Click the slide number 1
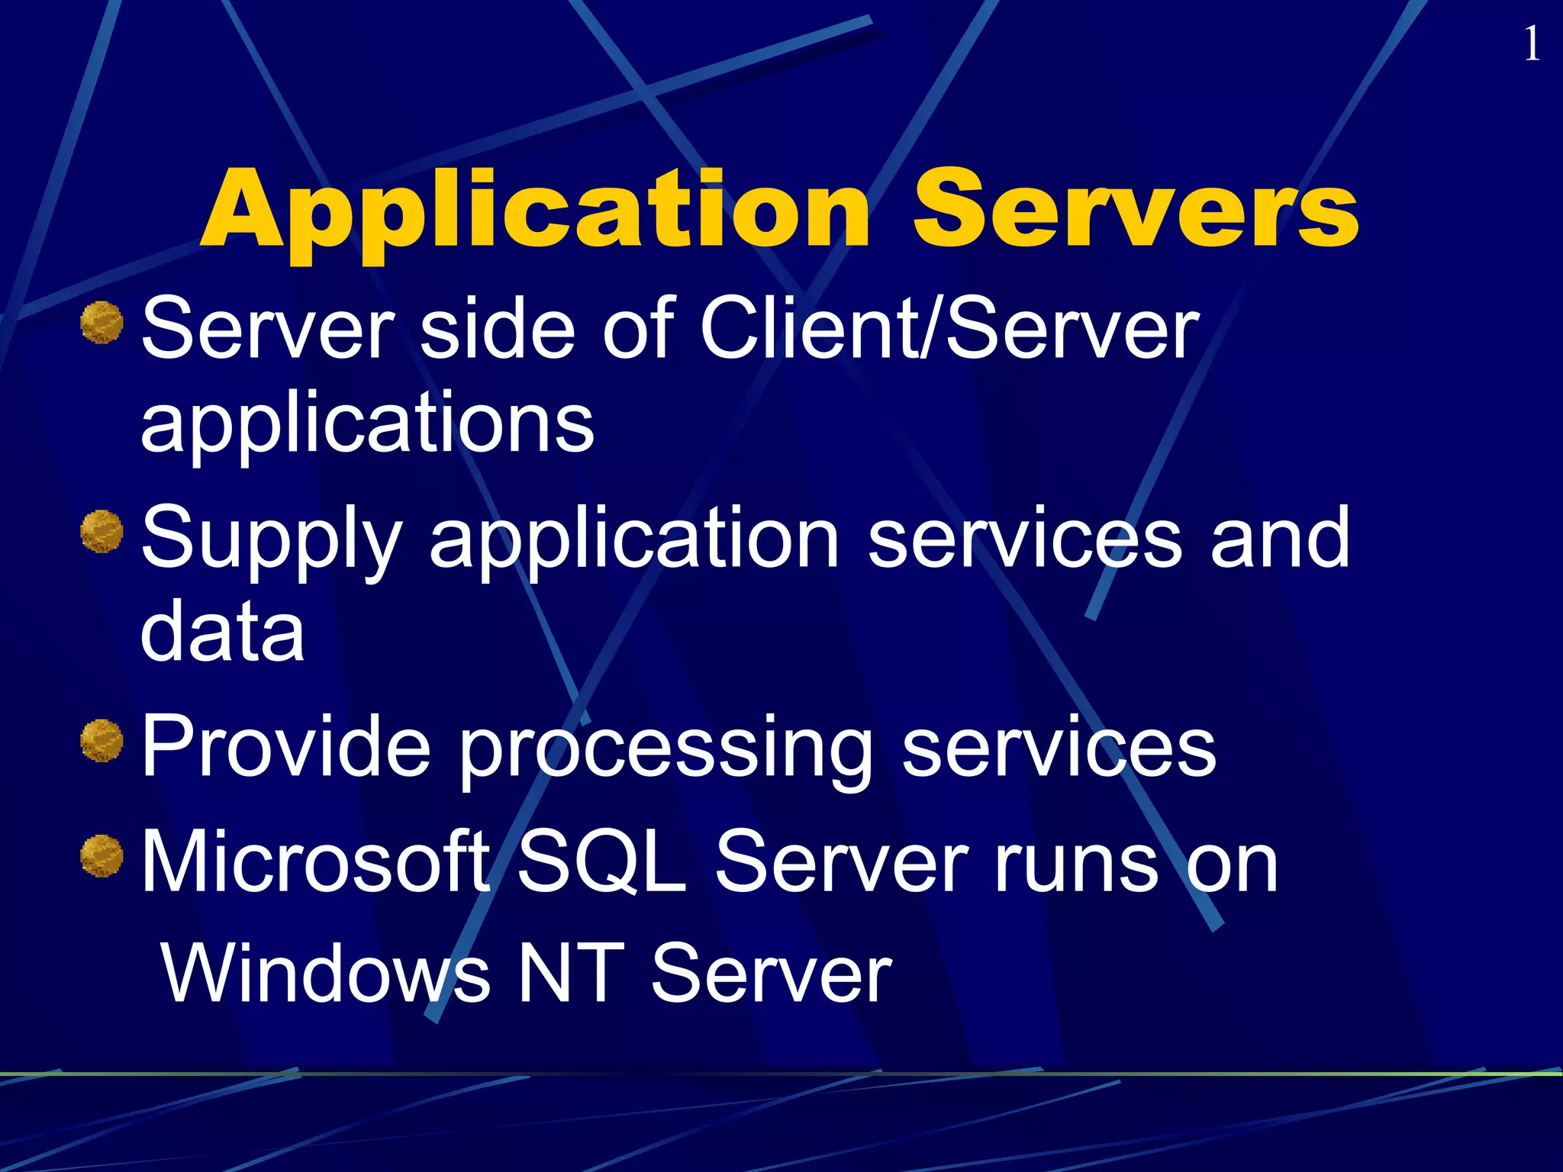1531,44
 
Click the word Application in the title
534,210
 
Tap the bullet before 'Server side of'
102,322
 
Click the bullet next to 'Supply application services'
102,531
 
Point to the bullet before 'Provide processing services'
102,740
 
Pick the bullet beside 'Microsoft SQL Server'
102,856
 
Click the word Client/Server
949,328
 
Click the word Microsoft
315,862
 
